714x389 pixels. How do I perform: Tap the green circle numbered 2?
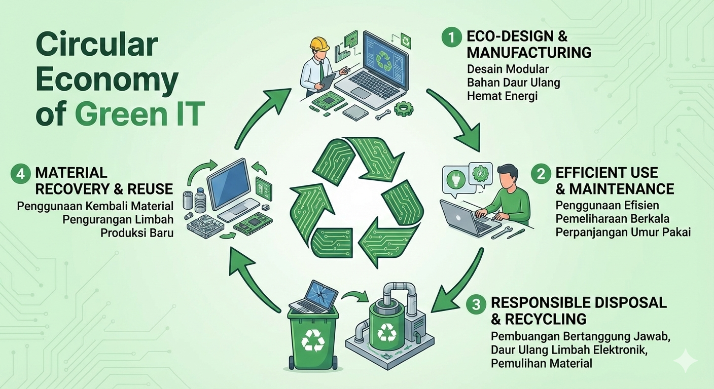(x=541, y=174)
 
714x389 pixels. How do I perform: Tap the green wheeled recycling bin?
(x=312, y=337)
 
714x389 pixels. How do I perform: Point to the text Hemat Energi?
(x=502, y=96)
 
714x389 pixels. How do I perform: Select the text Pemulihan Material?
(x=541, y=363)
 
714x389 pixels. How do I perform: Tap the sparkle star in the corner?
(x=686, y=361)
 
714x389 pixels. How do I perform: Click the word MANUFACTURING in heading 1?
(x=529, y=52)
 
